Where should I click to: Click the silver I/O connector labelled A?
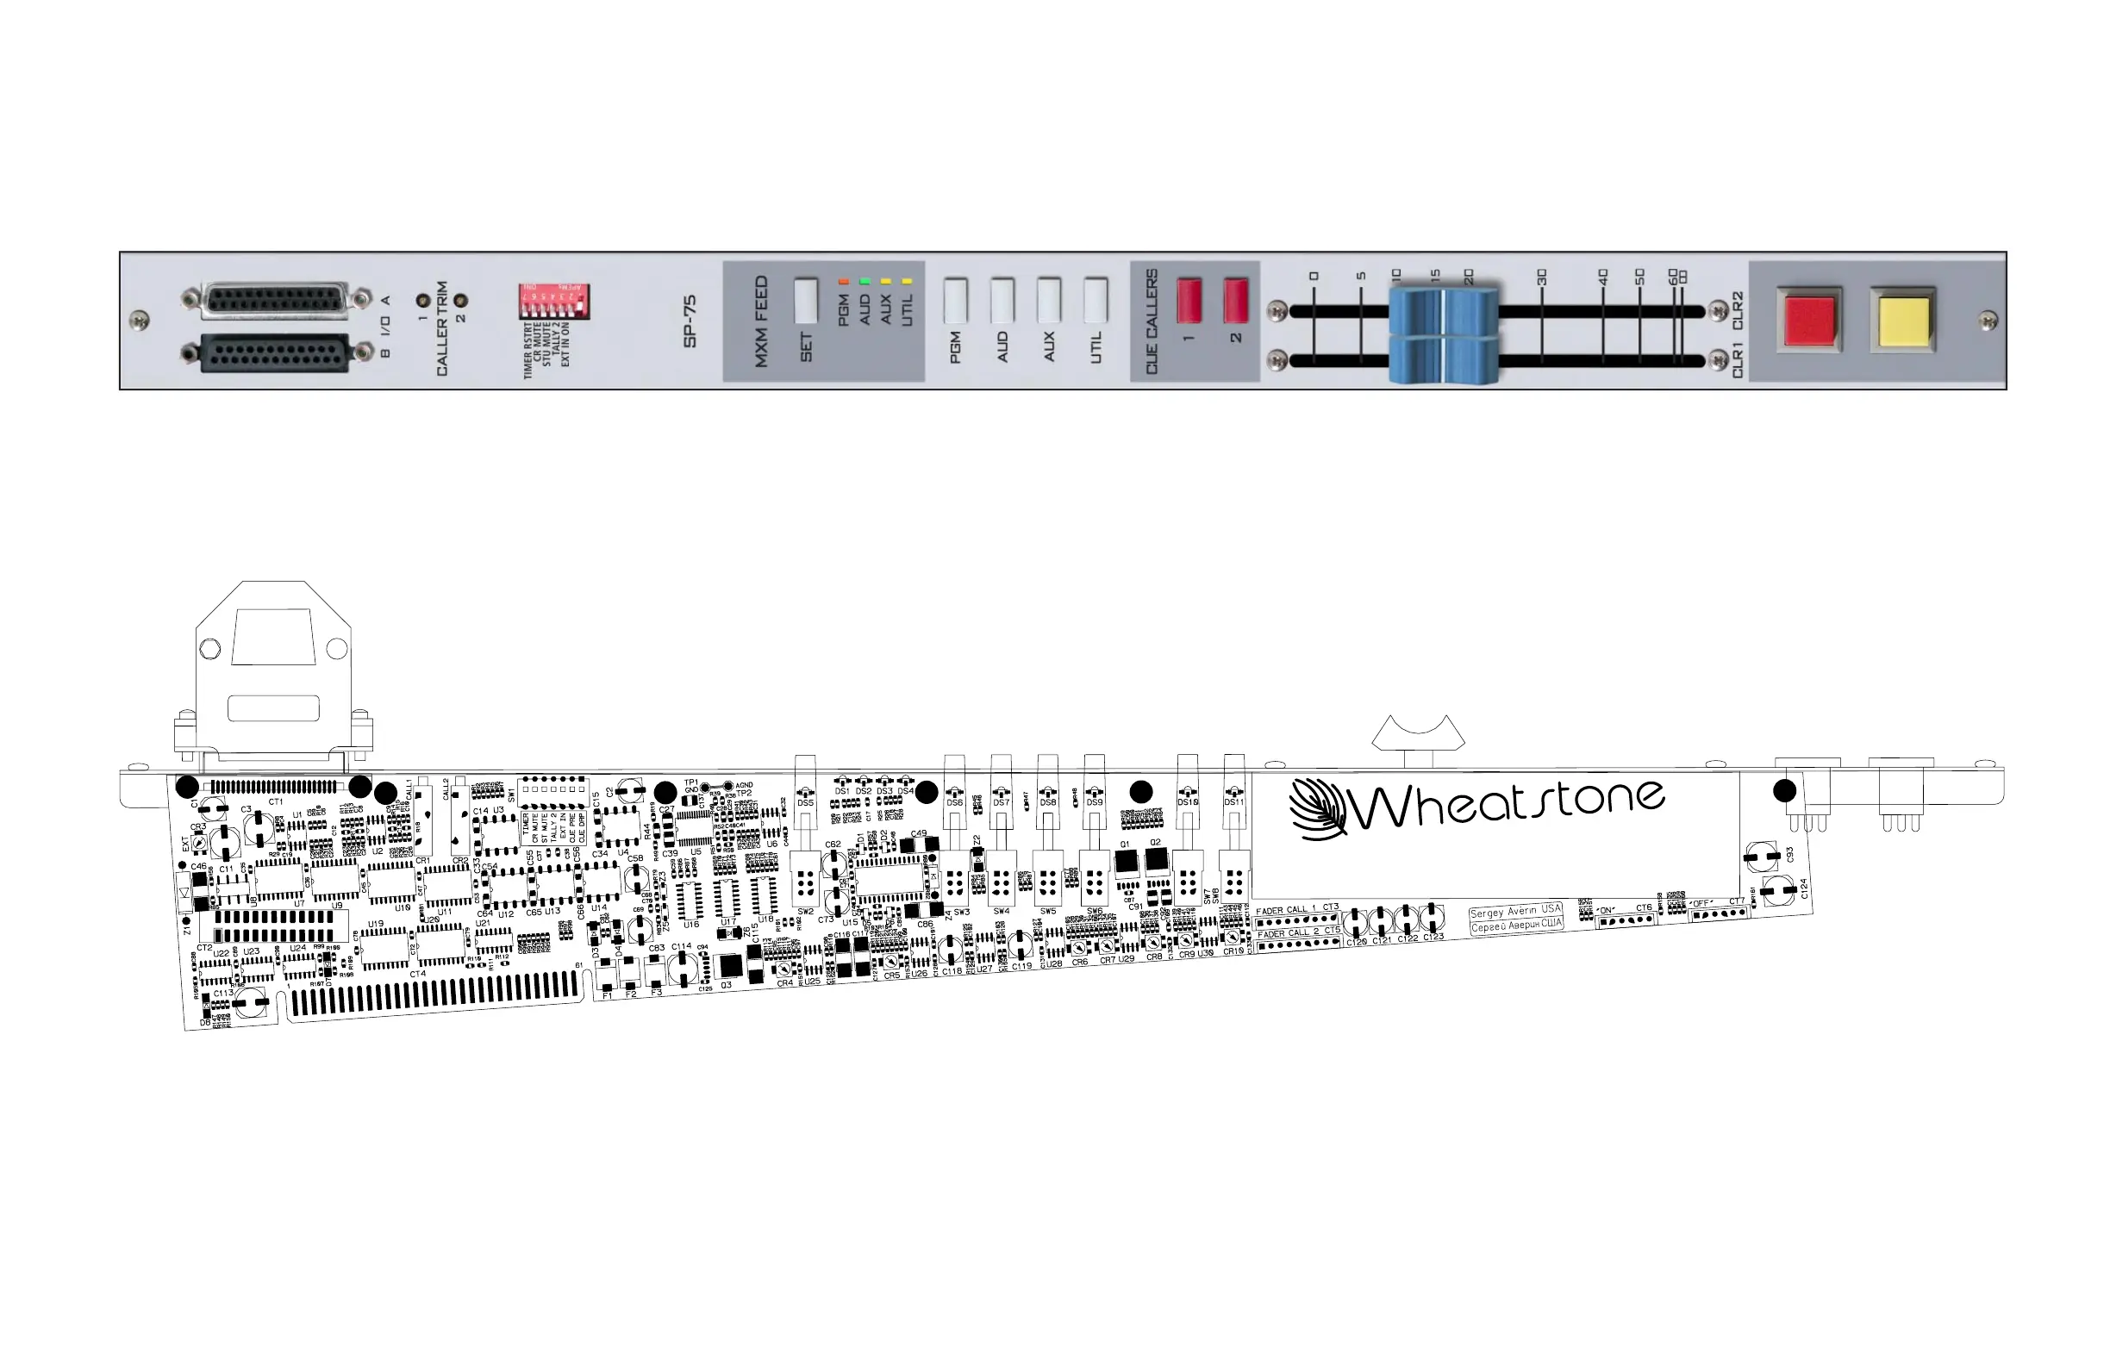[276, 302]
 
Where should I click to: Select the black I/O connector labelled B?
[276, 353]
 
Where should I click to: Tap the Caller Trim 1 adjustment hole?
[424, 302]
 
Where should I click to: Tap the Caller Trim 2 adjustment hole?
[460, 302]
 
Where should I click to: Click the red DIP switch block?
[554, 302]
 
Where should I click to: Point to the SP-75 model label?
[690, 321]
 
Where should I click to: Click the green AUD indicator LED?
[865, 282]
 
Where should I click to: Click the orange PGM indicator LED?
[843, 282]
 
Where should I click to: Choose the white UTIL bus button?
[1095, 301]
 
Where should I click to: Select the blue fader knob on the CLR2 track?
[1444, 310]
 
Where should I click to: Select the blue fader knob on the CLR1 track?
[1444, 360]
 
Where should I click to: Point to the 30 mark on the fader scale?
[1542, 278]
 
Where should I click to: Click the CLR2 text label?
[1737, 309]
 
